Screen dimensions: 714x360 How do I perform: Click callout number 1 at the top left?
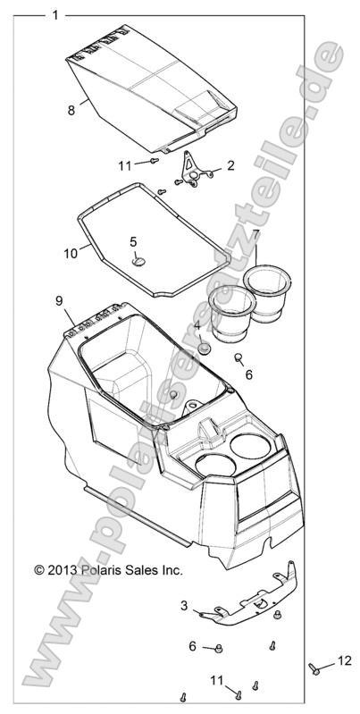pyautogui.click(x=55, y=15)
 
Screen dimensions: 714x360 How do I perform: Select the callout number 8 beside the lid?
pyautogui.click(x=71, y=110)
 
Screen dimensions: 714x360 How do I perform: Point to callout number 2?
pyautogui.click(x=230, y=164)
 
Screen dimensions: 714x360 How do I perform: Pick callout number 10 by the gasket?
pyautogui.click(x=71, y=253)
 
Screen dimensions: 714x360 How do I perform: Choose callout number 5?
pyautogui.click(x=133, y=241)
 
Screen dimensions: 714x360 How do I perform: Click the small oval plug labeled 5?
pyautogui.click(x=140, y=260)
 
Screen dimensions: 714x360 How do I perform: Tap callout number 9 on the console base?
pyautogui.click(x=58, y=300)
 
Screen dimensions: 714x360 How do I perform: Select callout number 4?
pyautogui.click(x=197, y=326)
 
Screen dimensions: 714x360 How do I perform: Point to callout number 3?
pyautogui.click(x=184, y=605)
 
